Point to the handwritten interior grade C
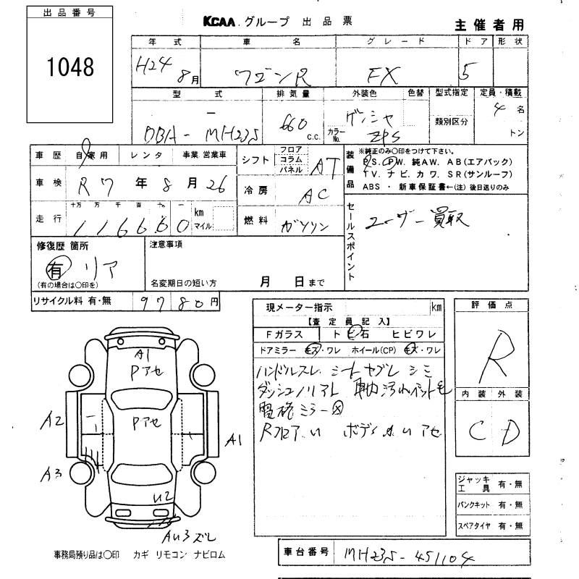pos(476,433)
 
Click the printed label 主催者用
pos(489,24)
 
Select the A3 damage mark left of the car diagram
pos(51,474)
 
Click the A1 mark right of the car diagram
pos(234,439)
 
